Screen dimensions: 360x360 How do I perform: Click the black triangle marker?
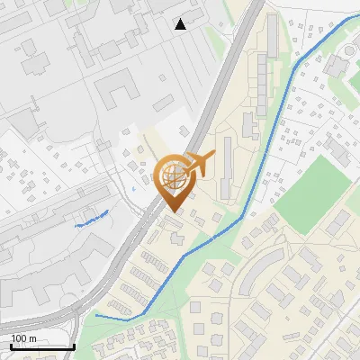[181, 24]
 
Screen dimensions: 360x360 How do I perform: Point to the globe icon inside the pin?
[173, 175]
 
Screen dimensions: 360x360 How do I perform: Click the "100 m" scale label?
[23, 338]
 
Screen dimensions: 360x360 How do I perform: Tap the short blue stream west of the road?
[92, 218]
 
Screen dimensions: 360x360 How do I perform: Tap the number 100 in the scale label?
[18, 338]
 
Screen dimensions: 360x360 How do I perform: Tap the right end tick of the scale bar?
[74, 346]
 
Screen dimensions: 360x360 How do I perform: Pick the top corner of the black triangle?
[181, 19]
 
